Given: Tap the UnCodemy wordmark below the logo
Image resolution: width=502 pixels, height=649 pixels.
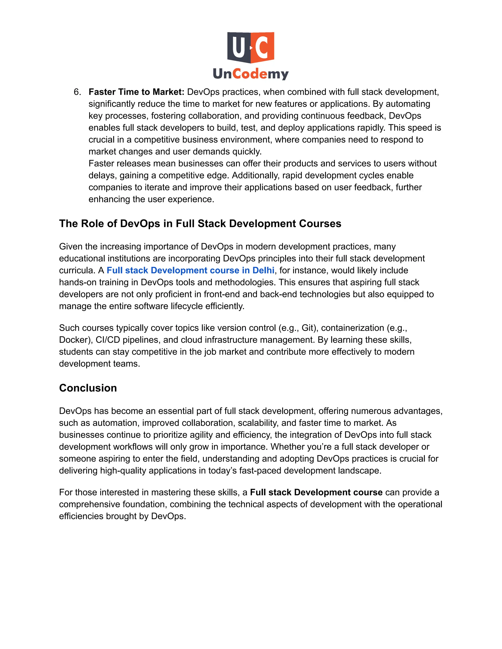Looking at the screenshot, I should click(251, 74).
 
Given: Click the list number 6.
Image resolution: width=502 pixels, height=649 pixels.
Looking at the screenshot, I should click(77, 92).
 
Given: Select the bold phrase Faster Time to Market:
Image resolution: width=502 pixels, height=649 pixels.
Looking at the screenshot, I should click(137, 92).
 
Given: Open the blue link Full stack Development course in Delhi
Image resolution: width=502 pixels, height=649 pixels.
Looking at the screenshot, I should click(190, 270).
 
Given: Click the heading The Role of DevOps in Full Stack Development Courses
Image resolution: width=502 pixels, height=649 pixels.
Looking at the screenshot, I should click(200, 223).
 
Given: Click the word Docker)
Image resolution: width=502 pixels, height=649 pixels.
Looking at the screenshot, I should click(76, 340).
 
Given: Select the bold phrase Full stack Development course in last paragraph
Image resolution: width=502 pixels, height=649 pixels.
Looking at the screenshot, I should click(316, 493).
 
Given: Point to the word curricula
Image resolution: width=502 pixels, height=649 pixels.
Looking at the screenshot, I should click(77, 270).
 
